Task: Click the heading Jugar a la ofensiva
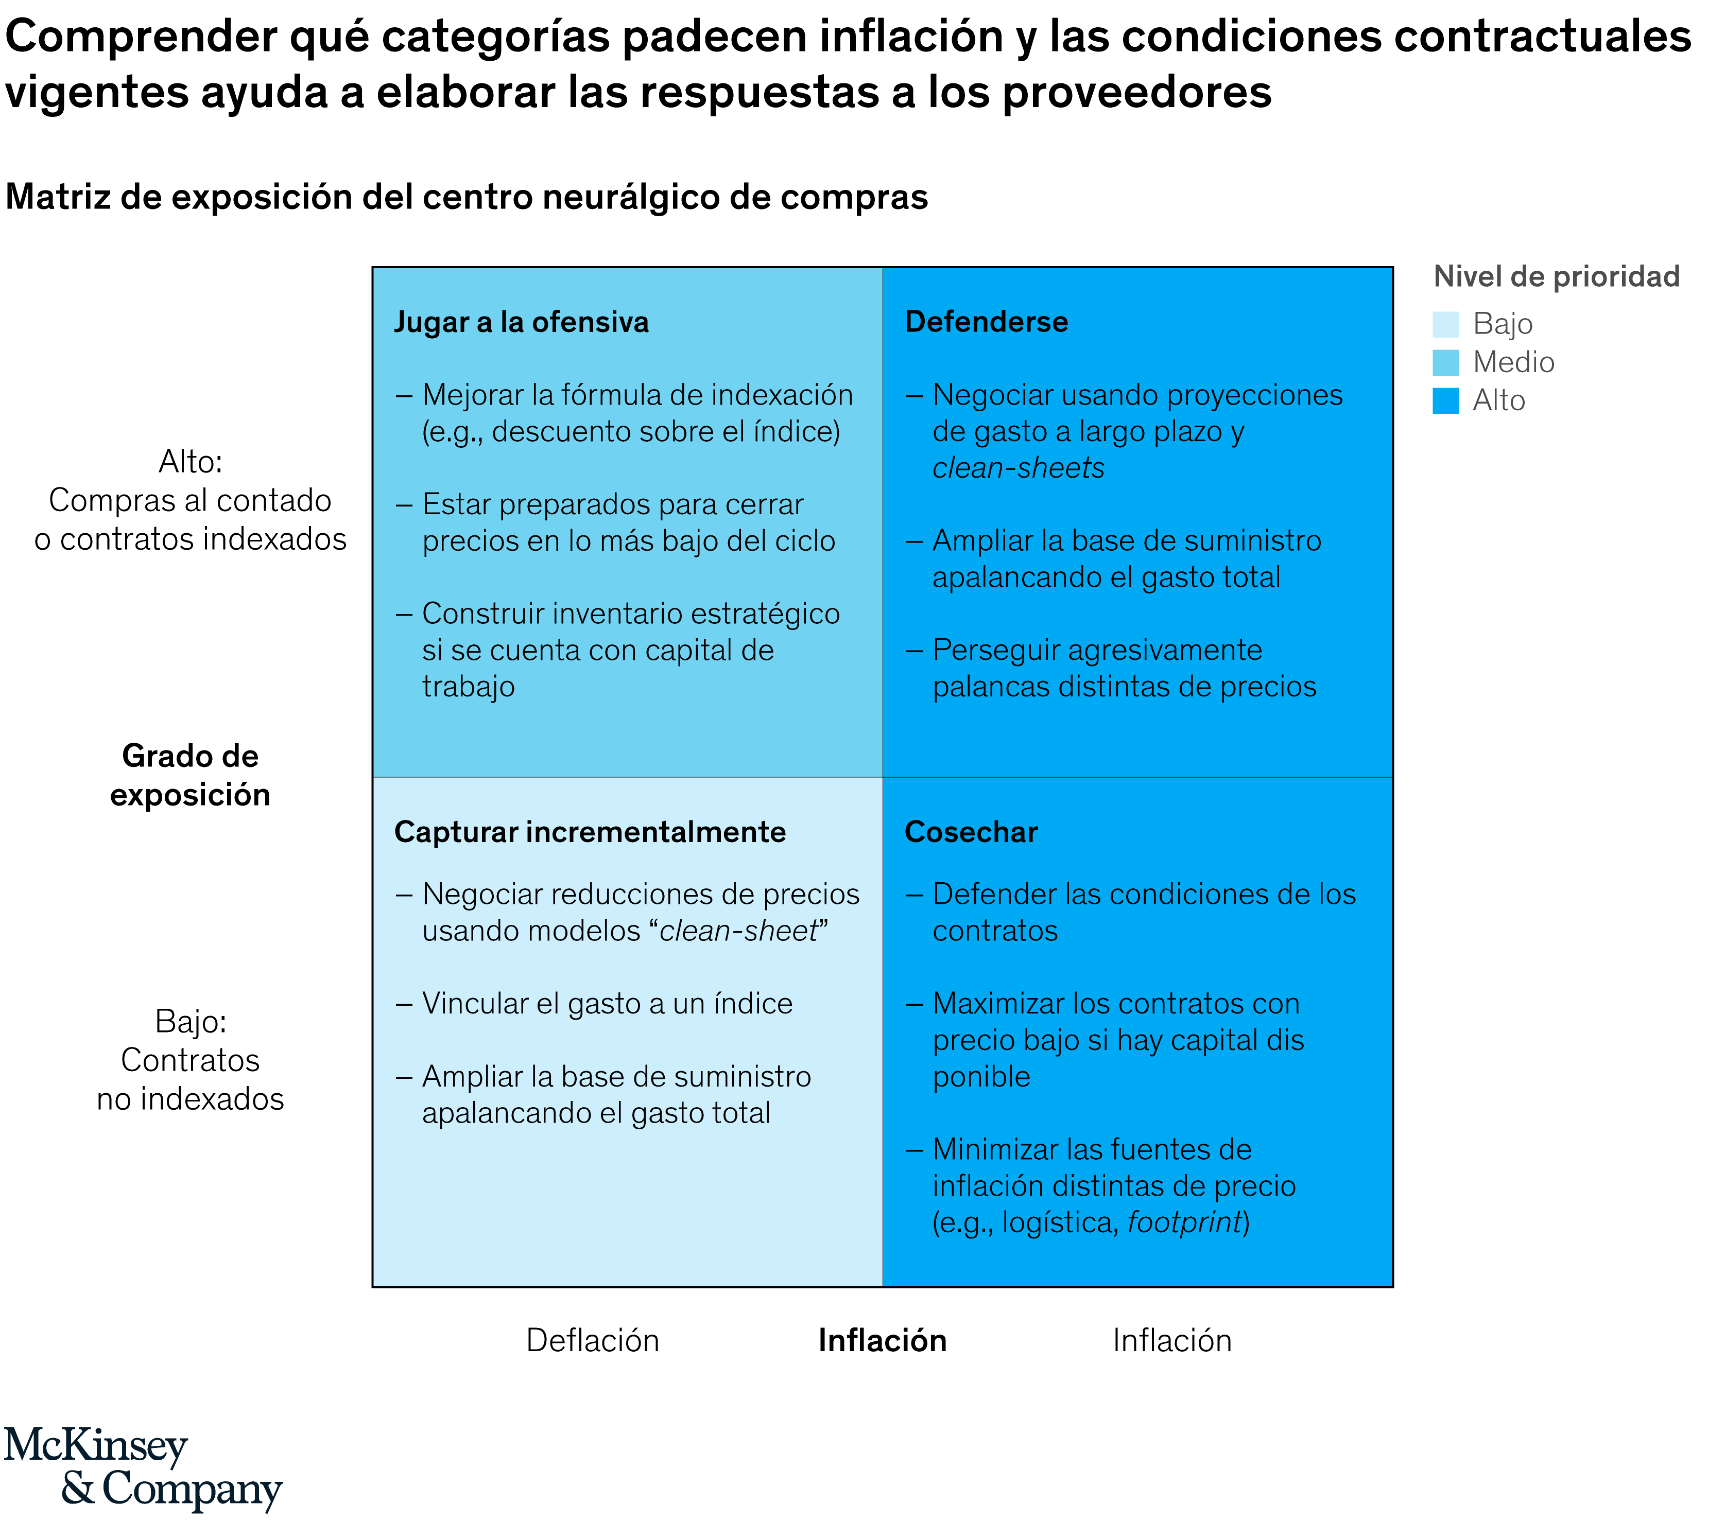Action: [x=522, y=322]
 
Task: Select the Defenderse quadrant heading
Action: [x=986, y=322]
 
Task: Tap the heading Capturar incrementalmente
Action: [x=590, y=832]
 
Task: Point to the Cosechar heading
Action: [x=971, y=832]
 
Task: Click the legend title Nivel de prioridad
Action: [x=1556, y=277]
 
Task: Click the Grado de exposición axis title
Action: [x=190, y=775]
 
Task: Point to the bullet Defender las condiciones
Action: [x=1144, y=912]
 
